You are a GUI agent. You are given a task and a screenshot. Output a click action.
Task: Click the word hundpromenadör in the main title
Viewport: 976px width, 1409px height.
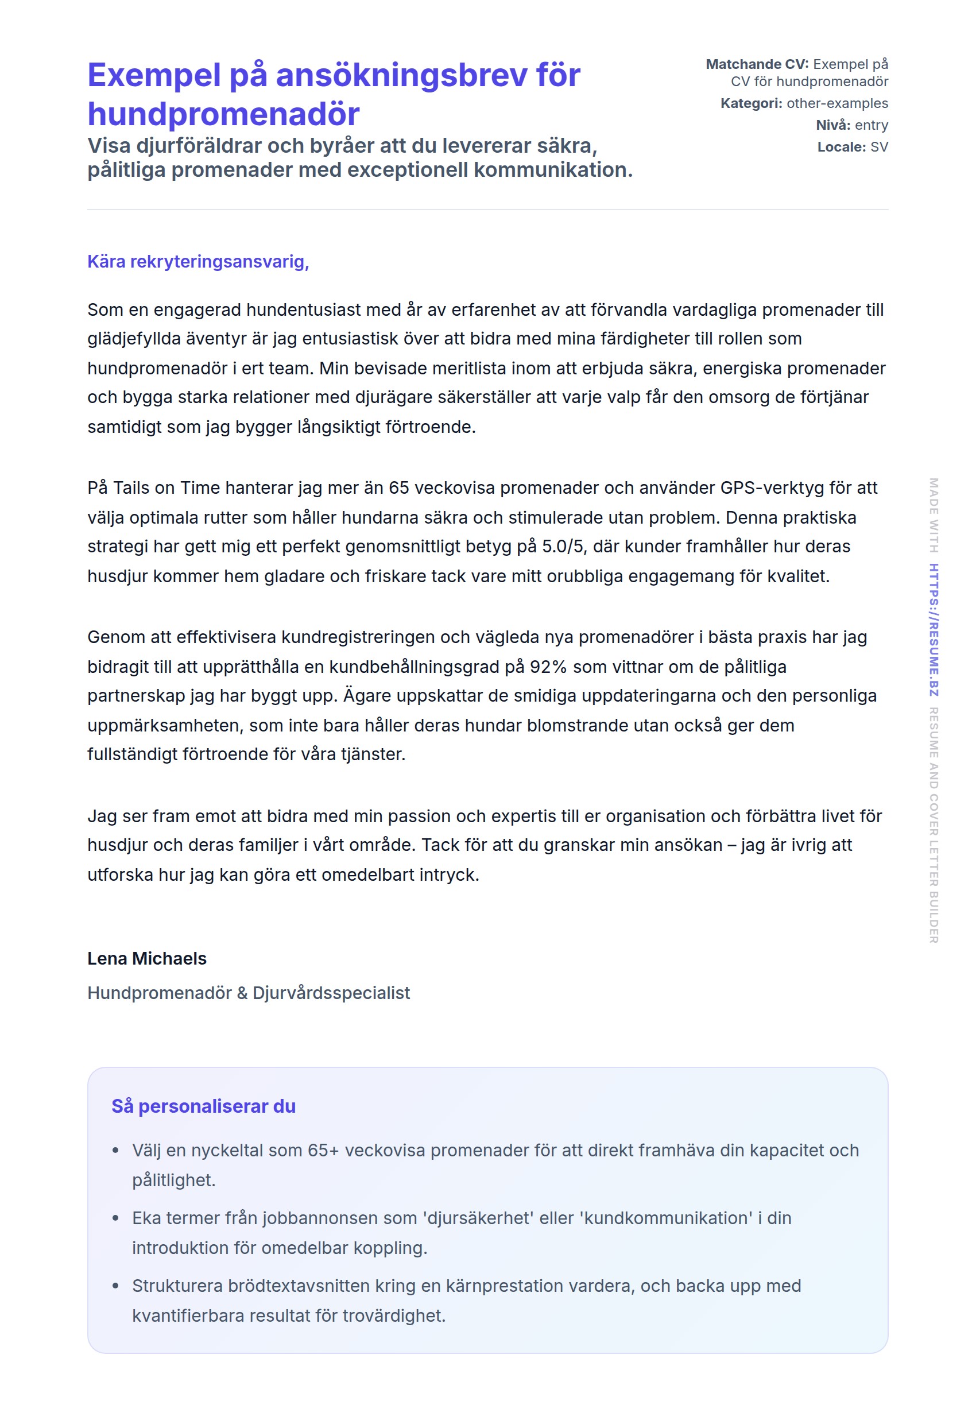tap(223, 114)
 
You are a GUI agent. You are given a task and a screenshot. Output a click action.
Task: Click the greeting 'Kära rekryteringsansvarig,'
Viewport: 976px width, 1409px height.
tap(198, 262)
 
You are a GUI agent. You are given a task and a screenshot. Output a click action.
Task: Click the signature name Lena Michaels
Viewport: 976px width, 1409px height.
tap(147, 958)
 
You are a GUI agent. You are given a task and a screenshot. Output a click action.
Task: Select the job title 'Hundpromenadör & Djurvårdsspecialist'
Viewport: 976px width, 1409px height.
tap(248, 993)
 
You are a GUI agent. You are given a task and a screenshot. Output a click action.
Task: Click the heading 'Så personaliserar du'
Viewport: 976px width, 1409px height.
tap(203, 1106)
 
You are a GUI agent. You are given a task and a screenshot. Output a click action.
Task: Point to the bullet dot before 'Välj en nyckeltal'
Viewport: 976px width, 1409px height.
tap(115, 1151)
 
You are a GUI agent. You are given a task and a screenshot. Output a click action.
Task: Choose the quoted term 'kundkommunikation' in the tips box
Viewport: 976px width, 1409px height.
tap(666, 1218)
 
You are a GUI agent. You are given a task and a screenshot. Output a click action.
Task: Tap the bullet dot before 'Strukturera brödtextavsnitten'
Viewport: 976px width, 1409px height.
tap(115, 1286)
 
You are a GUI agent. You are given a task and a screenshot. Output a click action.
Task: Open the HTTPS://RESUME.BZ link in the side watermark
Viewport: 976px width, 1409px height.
tap(934, 630)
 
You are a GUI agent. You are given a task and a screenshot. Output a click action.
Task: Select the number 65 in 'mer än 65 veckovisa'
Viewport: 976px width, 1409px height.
tap(398, 488)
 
